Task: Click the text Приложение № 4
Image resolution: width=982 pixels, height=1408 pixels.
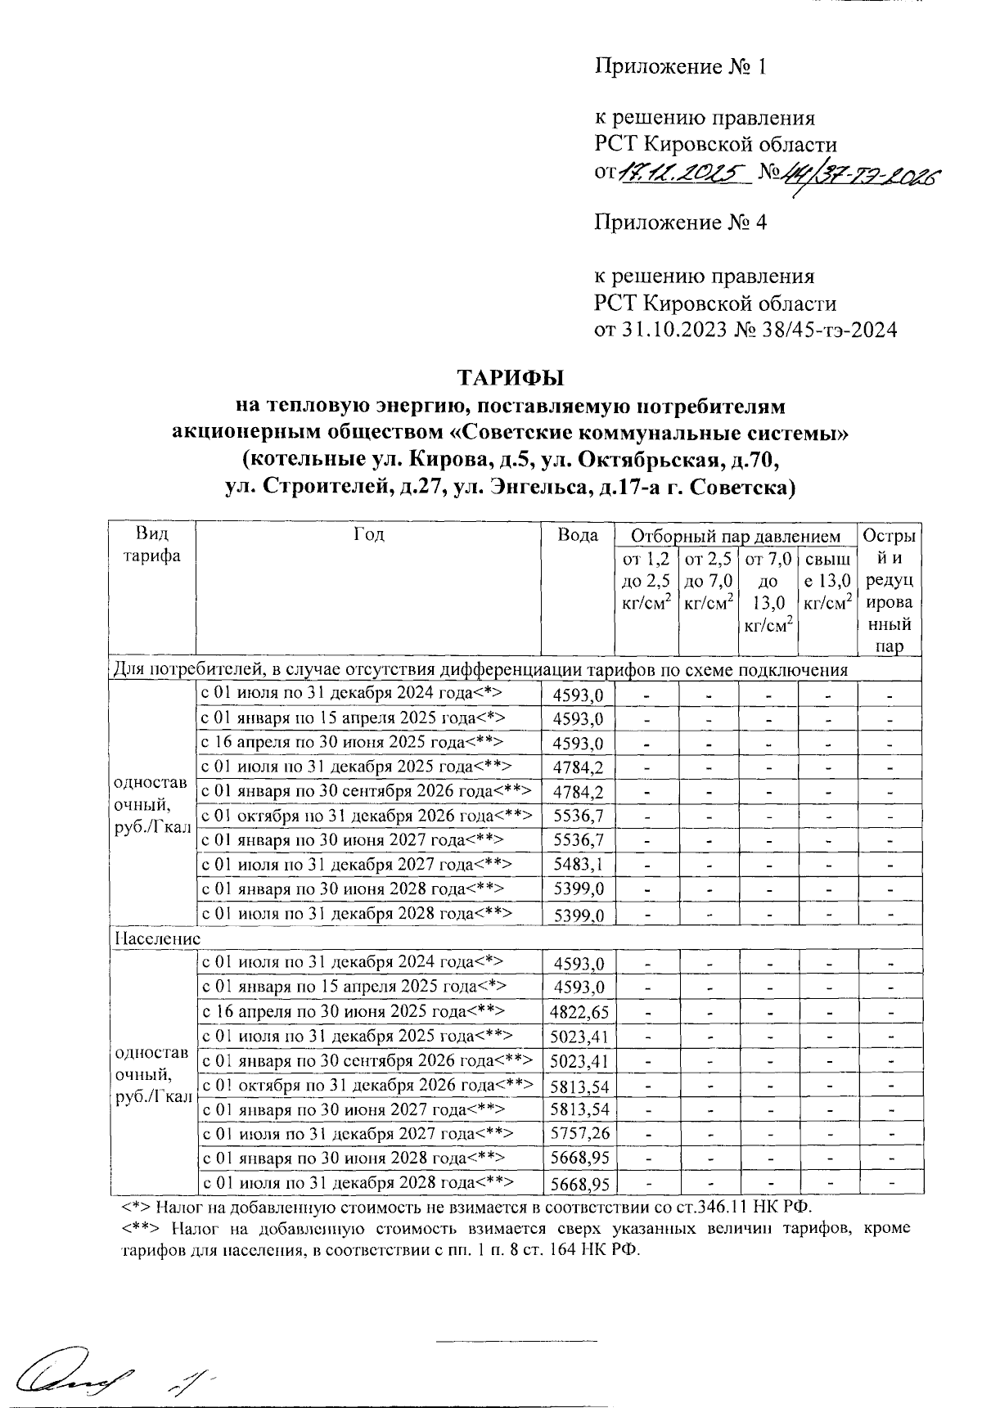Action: coord(680,223)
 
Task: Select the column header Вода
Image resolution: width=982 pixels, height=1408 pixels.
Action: coord(578,536)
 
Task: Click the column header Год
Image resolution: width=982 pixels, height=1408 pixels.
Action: coord(368,535)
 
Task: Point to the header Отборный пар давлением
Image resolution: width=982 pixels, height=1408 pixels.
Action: coord(735,537)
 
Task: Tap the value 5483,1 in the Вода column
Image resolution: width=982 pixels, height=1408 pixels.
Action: coord(578,865)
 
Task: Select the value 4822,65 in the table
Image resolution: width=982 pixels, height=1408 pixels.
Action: coord(579,1012)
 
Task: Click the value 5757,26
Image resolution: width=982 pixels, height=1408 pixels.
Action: coord(579,1134)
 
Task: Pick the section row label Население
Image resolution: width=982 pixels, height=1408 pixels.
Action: coord(155,938)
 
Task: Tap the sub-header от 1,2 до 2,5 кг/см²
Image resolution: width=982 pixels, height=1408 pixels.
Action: coord(646,582)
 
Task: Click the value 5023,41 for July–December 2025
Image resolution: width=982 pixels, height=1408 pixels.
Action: coord(579,1037)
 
